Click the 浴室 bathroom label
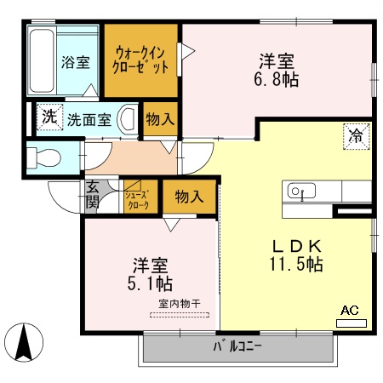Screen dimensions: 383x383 [x=75, y=62]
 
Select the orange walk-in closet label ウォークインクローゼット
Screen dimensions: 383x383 [x=141, y=61]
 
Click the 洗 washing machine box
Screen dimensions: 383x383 [x=49, y=117]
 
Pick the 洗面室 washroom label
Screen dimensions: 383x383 [x=89, y=119]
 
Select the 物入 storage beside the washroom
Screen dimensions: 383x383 [x=159, y=119]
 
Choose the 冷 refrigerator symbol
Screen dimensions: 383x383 [x=355, y=135]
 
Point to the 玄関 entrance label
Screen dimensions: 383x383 [x=92, y=196]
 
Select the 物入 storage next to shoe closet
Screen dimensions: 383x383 [x=189, y=197]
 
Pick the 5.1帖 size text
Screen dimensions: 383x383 [x=151, y=281]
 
